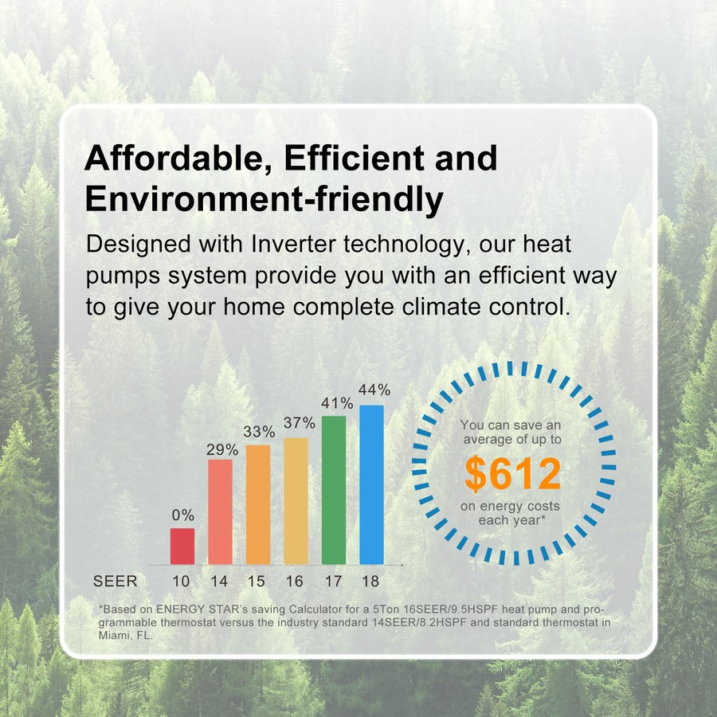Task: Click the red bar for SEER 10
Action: click(x=182, y=546)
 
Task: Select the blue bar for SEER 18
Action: click(x=372, y=484)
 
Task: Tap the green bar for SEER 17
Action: click(x=334, y=490)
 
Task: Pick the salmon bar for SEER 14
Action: click(x=221, y=511)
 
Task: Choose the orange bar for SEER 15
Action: click(x=258, y=504)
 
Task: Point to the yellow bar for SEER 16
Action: click(x=296, y=501)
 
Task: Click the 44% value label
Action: click(x=374, y=390)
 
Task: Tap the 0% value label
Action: click(x=183, y=515)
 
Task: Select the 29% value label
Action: click(x=222, y=450)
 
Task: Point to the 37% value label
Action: click(x=300, y=423)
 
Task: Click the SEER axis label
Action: click(x=116, y=582)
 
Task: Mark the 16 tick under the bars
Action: click(x=295, y=582)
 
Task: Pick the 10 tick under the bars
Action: click(x=181, y=582)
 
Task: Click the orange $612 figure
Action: click(x=512, y=473)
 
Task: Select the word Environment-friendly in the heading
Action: click(x=264, y=199)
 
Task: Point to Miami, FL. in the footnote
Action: click(x=126, y=635)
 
